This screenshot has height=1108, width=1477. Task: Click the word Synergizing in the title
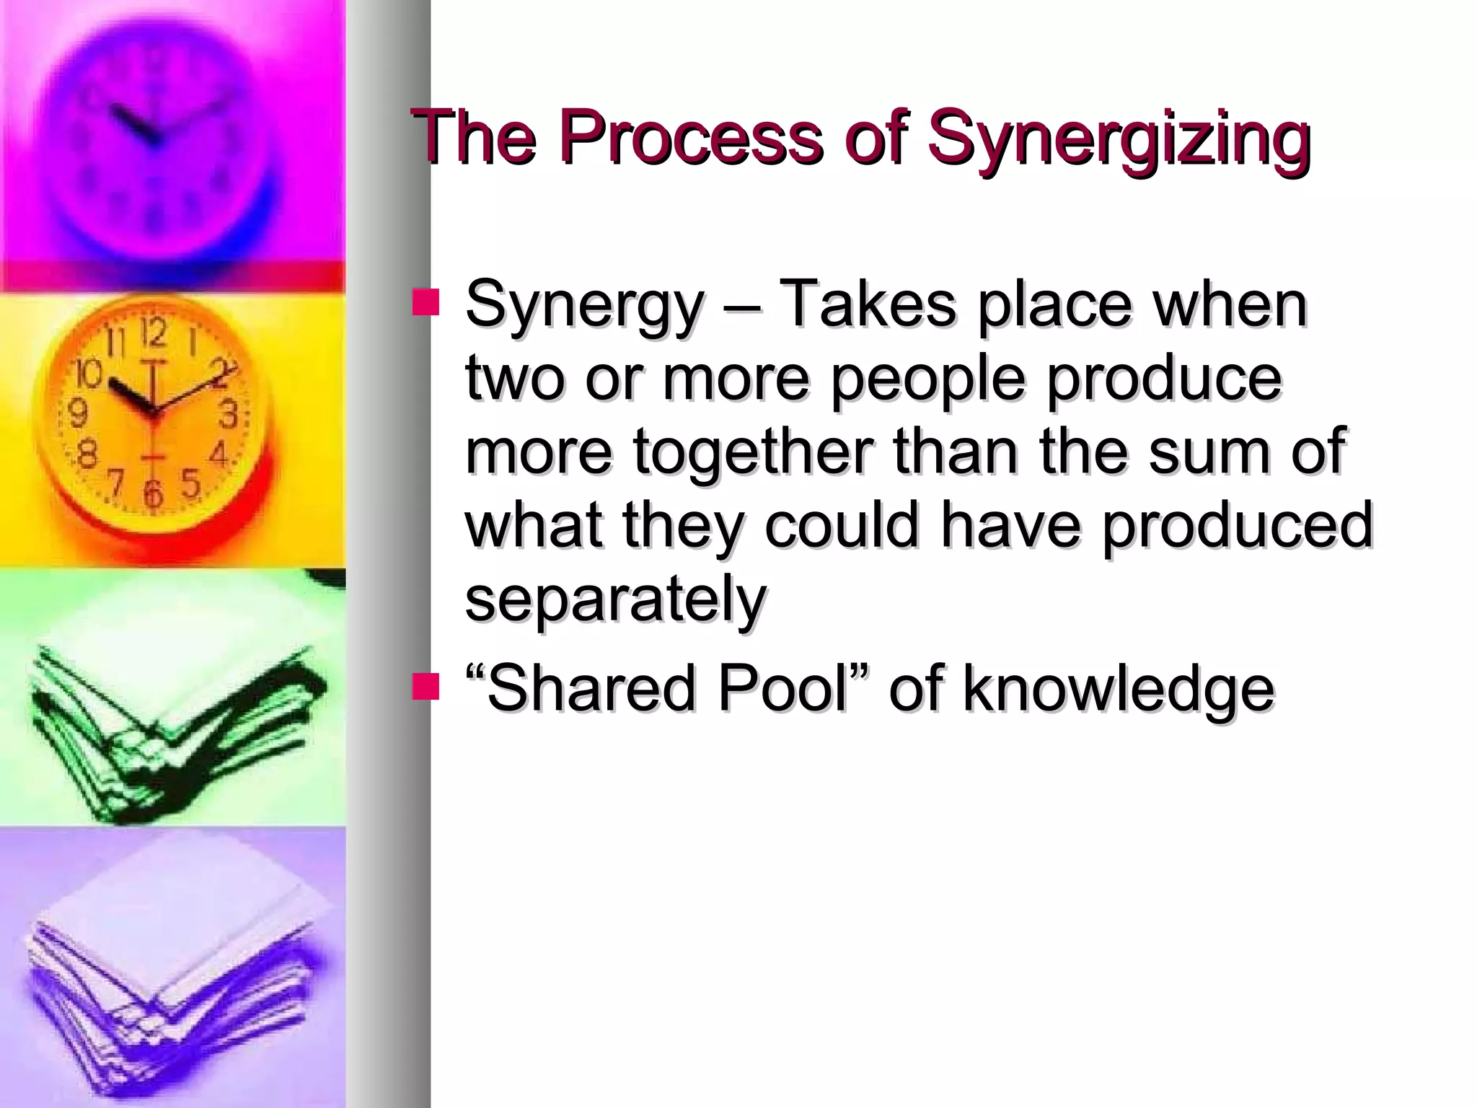coord(1118,138)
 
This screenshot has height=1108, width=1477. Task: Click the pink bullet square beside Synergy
coord(426,302)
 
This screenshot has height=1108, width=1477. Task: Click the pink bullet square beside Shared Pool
coord(426,687)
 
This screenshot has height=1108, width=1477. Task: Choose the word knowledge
coord(1119,690)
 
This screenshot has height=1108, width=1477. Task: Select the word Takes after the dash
coord(868,304)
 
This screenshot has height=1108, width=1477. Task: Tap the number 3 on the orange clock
coord(228,416)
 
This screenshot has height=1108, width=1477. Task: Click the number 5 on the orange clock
coord(190,483)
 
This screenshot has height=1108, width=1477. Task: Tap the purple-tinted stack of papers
coord(173,967)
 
